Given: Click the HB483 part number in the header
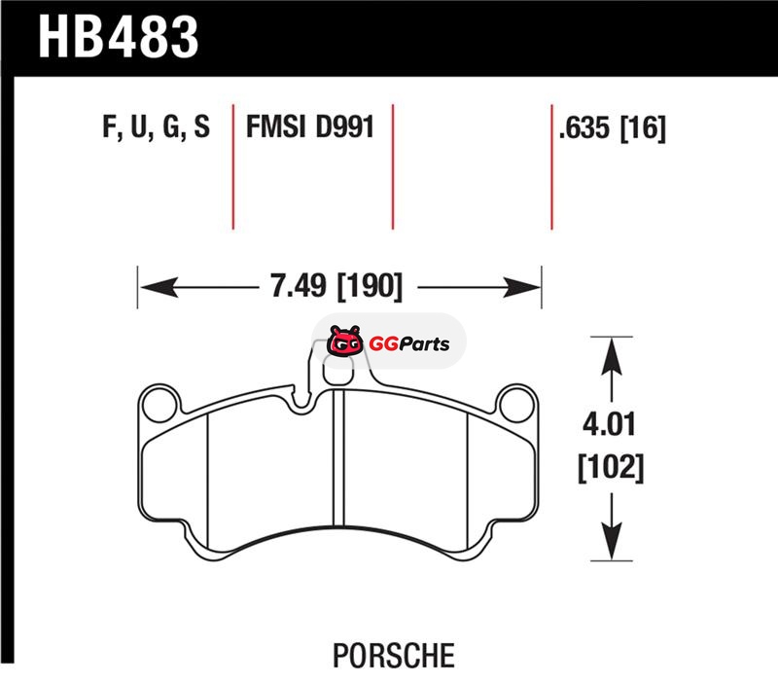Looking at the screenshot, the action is [x=119, y=37].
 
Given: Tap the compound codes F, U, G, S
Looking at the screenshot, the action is [x=157, y=126].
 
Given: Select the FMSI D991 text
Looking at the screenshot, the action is [x=310, y=126].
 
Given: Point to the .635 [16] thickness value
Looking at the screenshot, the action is [x=613, y=128].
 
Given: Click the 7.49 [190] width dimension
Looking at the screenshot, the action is [x=336, y=286].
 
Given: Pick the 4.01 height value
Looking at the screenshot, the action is [x=610, y=424].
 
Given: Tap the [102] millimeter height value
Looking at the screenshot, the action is [x=611, y=467].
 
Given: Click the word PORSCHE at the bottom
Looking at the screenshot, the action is [x=394, y=656].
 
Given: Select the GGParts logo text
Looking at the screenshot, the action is [x=409, y=344].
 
